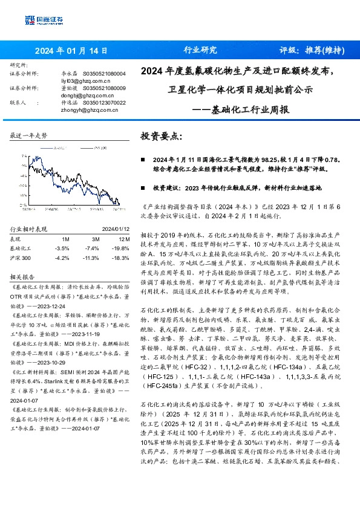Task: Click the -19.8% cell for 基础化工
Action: (x=120, y=248)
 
